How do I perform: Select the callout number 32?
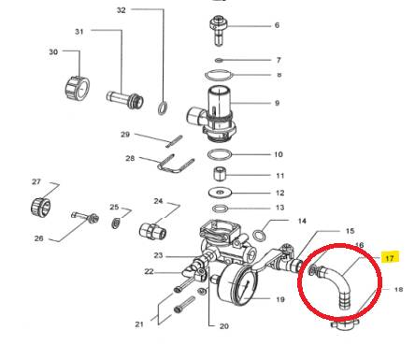pyautogui.click(x=147, y=10)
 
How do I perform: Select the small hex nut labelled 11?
pyautogui.click(x=220, y=175)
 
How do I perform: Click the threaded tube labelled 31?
pyautogui.click(x=124, y=96)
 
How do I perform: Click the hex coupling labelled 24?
pyautogui.click(x=151, y=228)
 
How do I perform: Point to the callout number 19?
pyautogui.click(x=278, y=299)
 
